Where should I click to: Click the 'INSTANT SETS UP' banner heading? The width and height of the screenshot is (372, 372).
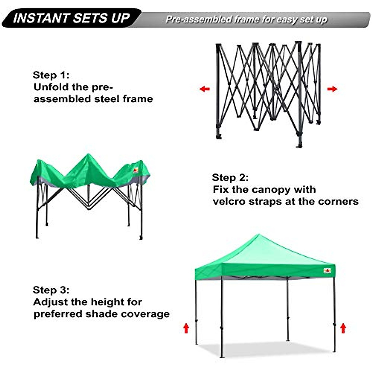coord(71,18)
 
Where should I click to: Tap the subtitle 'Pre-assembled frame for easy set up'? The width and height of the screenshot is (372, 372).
coord(246,20)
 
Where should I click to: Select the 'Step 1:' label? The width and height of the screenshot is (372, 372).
coord(51,75)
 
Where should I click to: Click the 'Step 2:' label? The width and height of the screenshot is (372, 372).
coord(230,178)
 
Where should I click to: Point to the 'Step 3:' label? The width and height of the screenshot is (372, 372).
coord(51,290)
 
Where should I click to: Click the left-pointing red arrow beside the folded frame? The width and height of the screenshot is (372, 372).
coord(205,89)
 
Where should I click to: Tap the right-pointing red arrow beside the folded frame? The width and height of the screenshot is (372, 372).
coord(332,89)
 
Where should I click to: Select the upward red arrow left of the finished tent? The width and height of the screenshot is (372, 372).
coord(186,328)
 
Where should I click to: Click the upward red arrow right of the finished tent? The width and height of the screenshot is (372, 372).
coord(343,328)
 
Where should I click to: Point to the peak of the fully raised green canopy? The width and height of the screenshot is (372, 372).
coord(258,236)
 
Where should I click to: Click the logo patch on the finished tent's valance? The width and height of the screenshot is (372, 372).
coord(327,271)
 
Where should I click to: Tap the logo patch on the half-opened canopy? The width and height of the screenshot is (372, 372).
coord(136,170)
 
